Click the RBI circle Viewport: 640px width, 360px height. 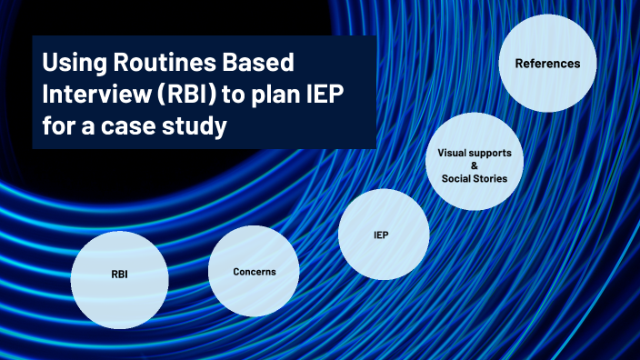pyautogui.click(x=120, y=273)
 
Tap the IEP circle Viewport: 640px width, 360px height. pyautogui.click(x=383, y=235)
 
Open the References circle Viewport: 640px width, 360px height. pyautogui.click(x=547, y=64)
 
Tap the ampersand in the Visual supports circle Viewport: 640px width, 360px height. pyautogui.click(x=474, y=165)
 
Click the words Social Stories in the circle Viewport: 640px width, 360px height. pyautogui.click(x=474, y=178)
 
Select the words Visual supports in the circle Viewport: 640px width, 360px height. pyautogui.click(x=474, y=153)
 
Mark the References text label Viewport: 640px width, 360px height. pyautogui.click(x=547, y=64)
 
